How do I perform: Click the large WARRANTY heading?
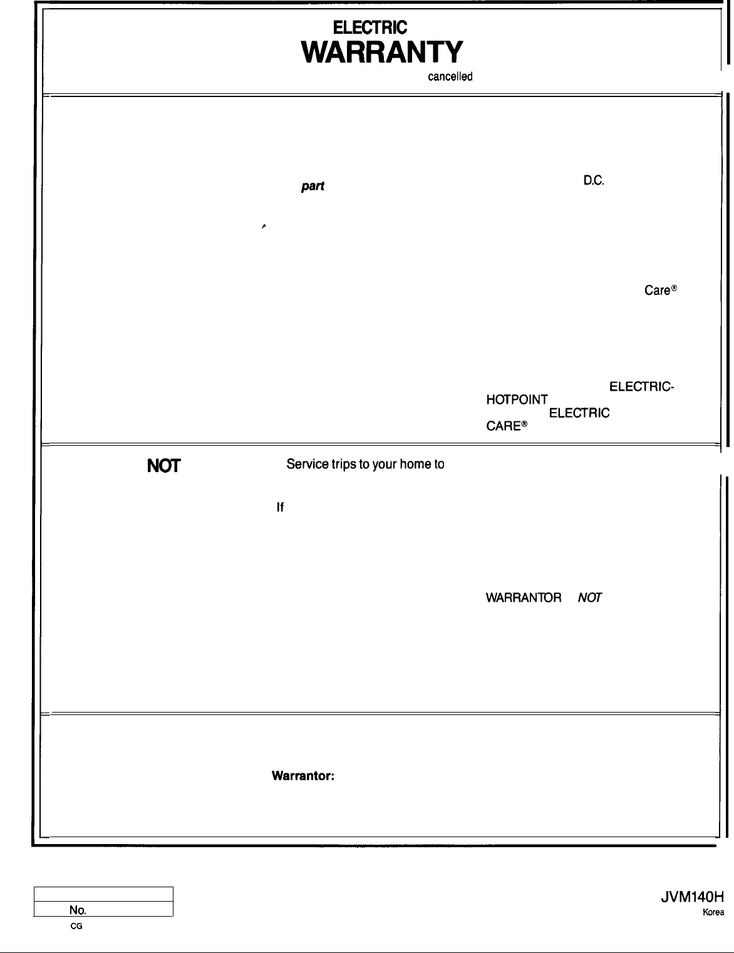click(x=382, y=53)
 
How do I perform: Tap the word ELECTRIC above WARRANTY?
click(x=370, y=28)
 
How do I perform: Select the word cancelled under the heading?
click(x=450, y=77)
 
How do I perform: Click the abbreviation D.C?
click(x=593, y=182)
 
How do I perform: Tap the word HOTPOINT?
click(x=517, y=399)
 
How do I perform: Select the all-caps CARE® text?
click(x=507, y=426)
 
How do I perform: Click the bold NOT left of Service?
click(x=164, y=466)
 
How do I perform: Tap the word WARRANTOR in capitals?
click(x=524, y=598)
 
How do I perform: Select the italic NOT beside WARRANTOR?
click(x=589, y=598)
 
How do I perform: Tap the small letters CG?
click(x=76, y=925)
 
